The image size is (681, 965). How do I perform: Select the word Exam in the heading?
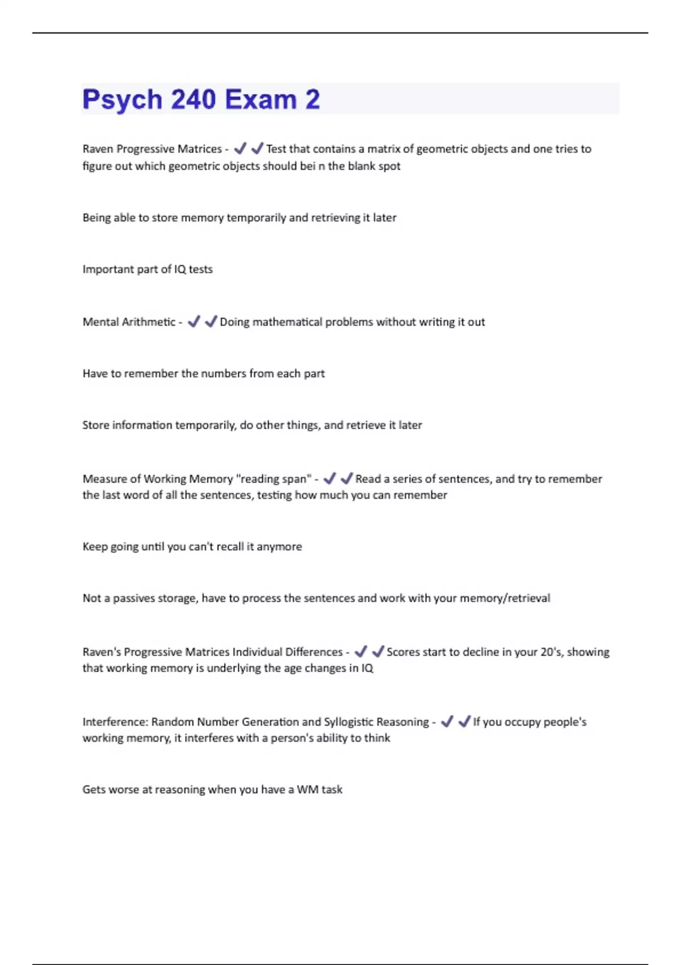pos(260,100)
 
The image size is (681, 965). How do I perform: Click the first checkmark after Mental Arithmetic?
pos(194,321)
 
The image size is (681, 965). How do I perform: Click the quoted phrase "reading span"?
pos(274,479)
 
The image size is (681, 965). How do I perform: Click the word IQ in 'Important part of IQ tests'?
pos(180,269)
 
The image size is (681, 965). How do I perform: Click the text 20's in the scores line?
pos(550,652)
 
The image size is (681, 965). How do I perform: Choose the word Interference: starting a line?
pos(115,721)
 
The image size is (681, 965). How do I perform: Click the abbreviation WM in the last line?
pos(307,790)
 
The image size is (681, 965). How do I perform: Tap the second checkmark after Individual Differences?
pos(377,651)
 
